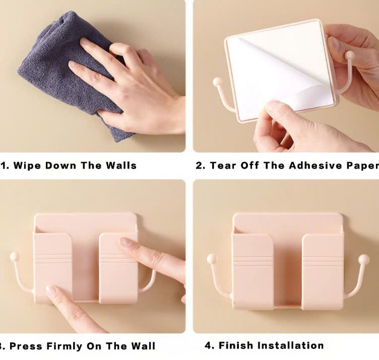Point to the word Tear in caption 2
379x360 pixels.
[223, 165]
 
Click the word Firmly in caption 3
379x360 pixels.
[65, 346]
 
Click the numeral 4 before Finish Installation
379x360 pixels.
[208, 345]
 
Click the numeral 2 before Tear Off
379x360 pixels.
[199, 166]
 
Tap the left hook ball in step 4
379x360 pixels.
[212, 259]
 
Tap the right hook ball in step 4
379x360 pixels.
[363, 259]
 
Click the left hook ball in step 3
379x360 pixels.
[14, 257]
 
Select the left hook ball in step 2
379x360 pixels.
[217, 82]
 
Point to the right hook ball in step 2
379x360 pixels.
[349, 55]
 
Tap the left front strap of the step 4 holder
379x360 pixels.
[253, 271]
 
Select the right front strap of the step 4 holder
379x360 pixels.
[323, 271]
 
